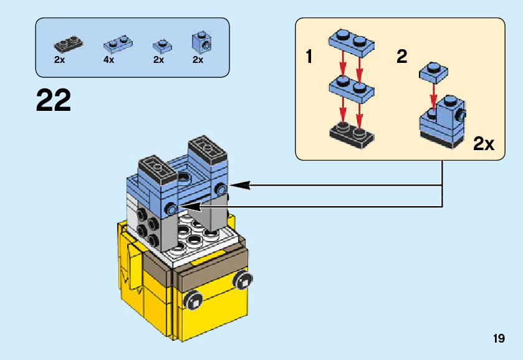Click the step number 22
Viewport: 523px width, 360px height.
click(54, 100)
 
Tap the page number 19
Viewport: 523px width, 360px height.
click(499, 338)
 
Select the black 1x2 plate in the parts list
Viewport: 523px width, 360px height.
click(69, 44)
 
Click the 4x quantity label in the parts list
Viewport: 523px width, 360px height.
click(108, 60)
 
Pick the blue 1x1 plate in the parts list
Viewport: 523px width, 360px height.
click(163, 46)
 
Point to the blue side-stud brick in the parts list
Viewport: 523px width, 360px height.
click(201, 42)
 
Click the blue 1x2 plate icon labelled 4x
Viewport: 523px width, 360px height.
click(118, 44)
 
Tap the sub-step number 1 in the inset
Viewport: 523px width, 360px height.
click(309, 56)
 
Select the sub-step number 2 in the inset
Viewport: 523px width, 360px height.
click(402, 56)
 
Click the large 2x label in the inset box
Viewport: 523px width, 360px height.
click(484, 144)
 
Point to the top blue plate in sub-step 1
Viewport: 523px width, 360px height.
click(352, 43)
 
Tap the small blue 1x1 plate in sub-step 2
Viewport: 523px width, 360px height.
click(434, 72)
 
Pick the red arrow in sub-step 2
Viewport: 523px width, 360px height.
click(433, 97)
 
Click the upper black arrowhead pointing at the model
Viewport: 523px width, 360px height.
click(240, 186)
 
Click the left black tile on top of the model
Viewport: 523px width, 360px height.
click(158, 170)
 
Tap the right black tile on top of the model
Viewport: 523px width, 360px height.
click(208, 149)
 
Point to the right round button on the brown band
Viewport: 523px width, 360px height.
click(243, 280)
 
